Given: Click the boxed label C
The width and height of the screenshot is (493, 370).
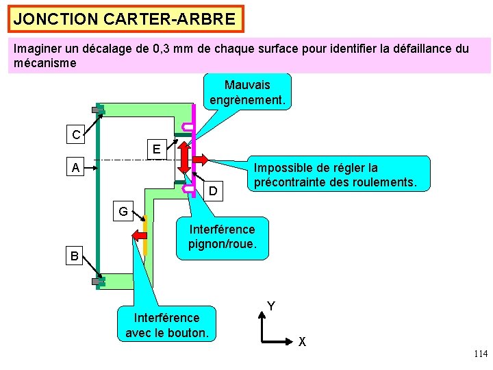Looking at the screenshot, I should [75, 135].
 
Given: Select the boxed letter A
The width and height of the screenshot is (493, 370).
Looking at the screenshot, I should [75, 167].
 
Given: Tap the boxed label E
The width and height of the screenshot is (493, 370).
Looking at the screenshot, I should [157, 149].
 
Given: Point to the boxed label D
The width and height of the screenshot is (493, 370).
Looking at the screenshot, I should [214, 190].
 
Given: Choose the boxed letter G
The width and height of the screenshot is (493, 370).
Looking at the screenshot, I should [123, 211].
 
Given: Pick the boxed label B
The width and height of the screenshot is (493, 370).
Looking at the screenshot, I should [75, 258].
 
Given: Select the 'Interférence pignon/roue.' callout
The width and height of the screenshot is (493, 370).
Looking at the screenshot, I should [223, 237].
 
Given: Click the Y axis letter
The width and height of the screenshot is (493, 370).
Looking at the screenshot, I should [271, 306].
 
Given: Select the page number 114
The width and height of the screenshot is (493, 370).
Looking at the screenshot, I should [480, 354].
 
